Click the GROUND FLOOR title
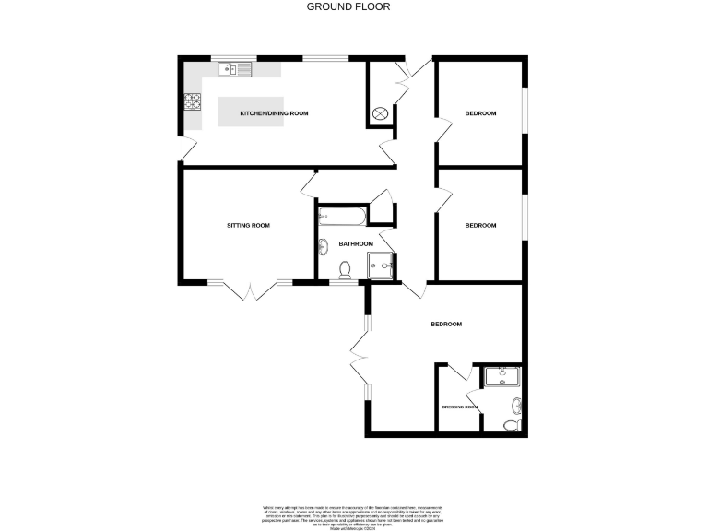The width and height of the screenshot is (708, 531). coord(348,6)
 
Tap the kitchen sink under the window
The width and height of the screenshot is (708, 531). coord(236,69)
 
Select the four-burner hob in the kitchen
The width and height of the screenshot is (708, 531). coord(193,101)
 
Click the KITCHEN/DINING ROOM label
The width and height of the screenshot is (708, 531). coord(274,113)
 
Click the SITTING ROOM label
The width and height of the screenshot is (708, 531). coord(249,225)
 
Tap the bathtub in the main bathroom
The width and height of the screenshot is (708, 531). coord(342,218)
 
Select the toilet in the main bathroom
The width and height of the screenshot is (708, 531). coord(345,269)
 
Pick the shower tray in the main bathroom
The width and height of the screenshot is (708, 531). coord(382,265)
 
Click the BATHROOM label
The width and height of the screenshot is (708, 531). coord(356,243)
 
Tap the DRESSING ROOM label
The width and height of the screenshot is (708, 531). coord(458,407)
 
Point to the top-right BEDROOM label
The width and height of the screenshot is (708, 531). coord(480,113)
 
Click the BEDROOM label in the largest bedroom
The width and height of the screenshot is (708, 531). coord(446,324)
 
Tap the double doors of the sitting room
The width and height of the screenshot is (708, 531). coord(250,291)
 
